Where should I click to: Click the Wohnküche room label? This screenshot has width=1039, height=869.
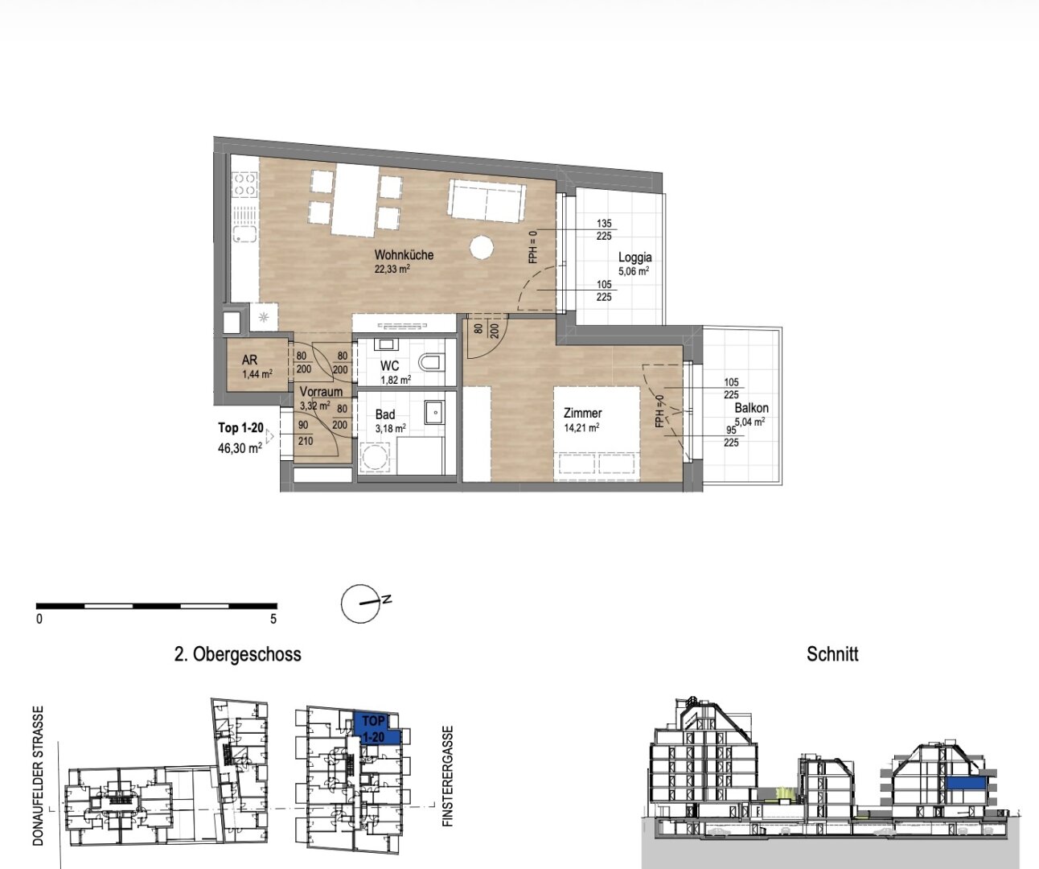coord(404,255)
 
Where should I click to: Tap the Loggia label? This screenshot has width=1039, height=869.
coord(635,257)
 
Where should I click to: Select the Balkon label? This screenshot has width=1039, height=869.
coord(751,408)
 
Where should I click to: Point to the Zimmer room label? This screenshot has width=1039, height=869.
coord(583,413)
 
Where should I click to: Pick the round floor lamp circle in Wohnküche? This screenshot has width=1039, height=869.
coord(482,247)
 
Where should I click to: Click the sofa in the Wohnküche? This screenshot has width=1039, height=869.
coord(487,201)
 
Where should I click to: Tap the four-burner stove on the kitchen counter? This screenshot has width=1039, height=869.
coord(244,184)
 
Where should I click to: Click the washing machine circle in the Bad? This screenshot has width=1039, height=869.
coord(374,457)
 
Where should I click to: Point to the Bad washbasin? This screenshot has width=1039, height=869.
coord(435,412)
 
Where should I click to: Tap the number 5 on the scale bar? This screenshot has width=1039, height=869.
coord(273,619)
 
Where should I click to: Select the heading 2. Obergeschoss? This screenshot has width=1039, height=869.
coord(238,654)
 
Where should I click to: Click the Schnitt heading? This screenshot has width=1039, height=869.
coord(832,654)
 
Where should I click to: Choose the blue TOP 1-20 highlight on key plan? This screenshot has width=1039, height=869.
coord(373,727)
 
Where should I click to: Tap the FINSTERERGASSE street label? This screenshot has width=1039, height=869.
coord(448,776)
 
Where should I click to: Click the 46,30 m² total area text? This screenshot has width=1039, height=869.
coord(240,448)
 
